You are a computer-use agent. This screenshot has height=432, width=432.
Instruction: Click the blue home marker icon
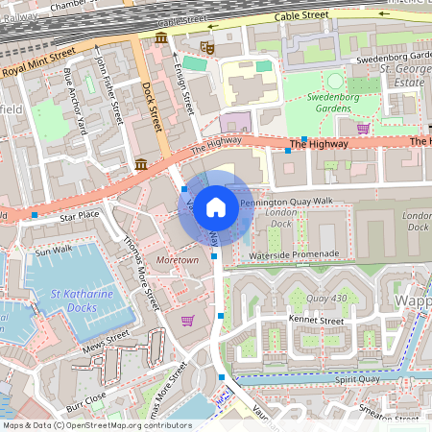pos(216,206)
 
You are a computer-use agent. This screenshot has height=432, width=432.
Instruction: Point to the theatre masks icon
pos(206,46)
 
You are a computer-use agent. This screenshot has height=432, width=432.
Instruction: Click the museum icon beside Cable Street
pos(160,37)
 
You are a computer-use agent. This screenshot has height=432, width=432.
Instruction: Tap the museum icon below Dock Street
pos(141,164)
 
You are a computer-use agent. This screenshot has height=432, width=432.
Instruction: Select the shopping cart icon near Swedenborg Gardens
pos(363,128)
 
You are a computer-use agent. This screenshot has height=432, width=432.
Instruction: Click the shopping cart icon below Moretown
pos(188,320)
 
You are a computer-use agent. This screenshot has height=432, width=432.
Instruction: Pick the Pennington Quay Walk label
pos(285,202)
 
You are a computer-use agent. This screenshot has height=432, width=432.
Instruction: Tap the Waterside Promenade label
pos(294,253)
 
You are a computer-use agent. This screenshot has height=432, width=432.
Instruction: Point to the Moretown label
pos(177,260)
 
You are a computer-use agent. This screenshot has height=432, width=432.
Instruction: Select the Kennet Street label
pos(316,319)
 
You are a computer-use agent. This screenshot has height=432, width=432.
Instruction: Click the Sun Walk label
pos(54,252)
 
